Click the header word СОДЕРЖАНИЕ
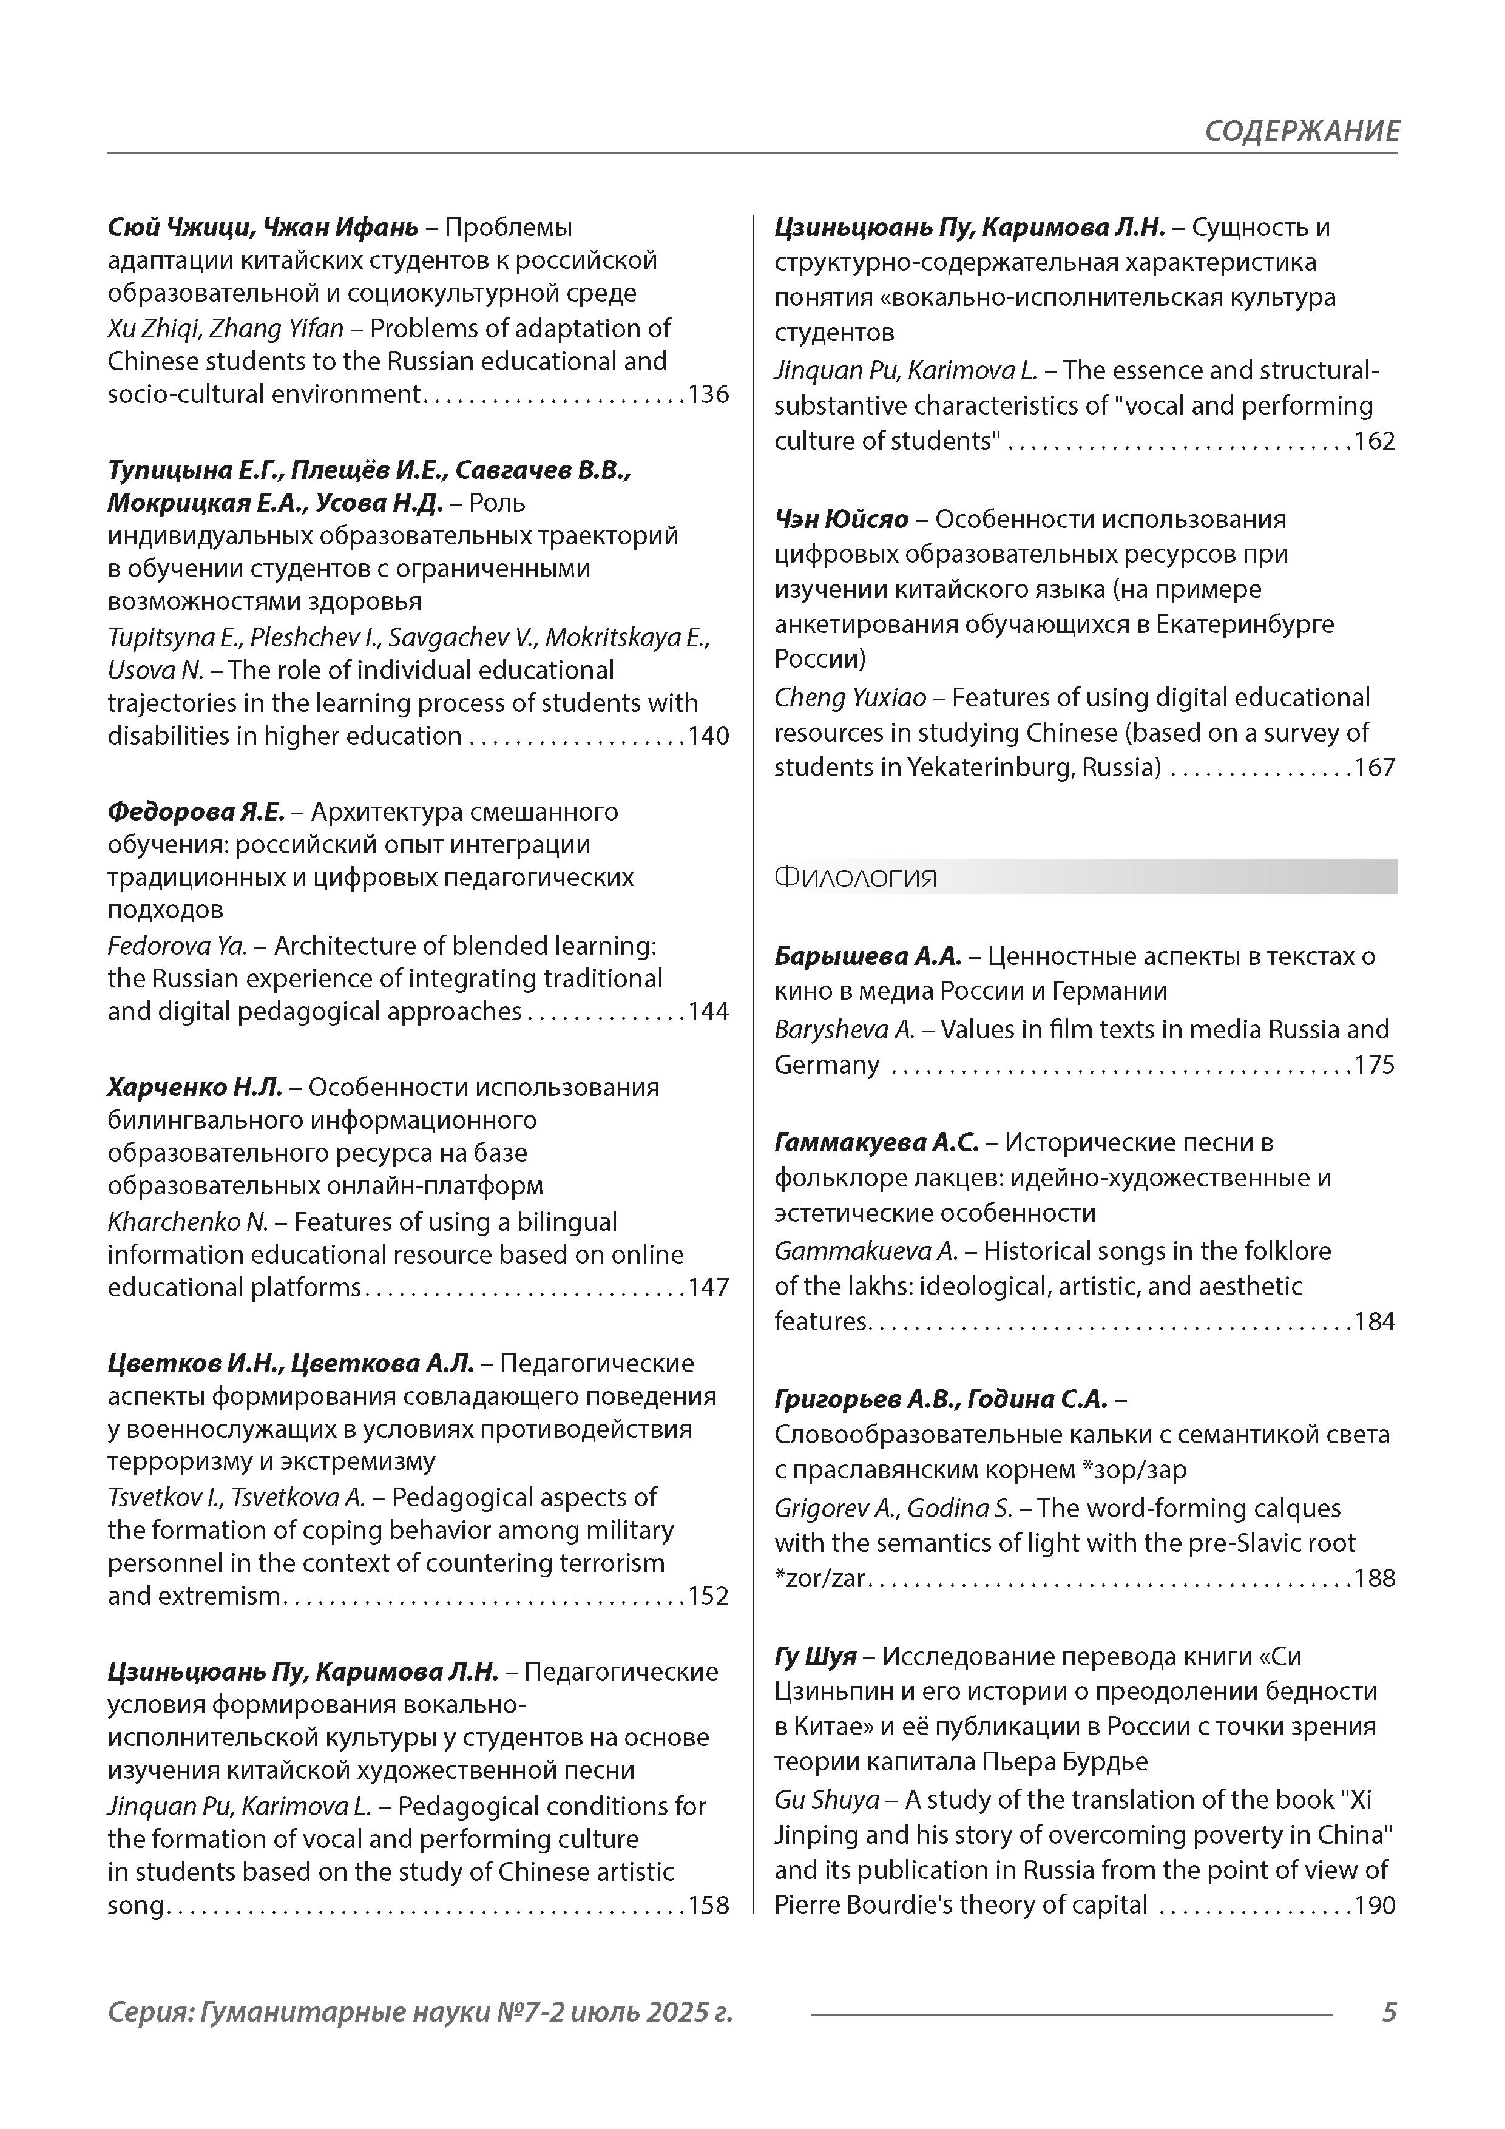(1301, 130)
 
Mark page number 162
(1375, 441)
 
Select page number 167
(1375, 768)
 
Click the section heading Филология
(855, 877)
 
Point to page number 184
(1375, 1321)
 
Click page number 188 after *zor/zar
(1375, 1578)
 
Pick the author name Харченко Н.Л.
(197, 1087)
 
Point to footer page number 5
(1388, 2012)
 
